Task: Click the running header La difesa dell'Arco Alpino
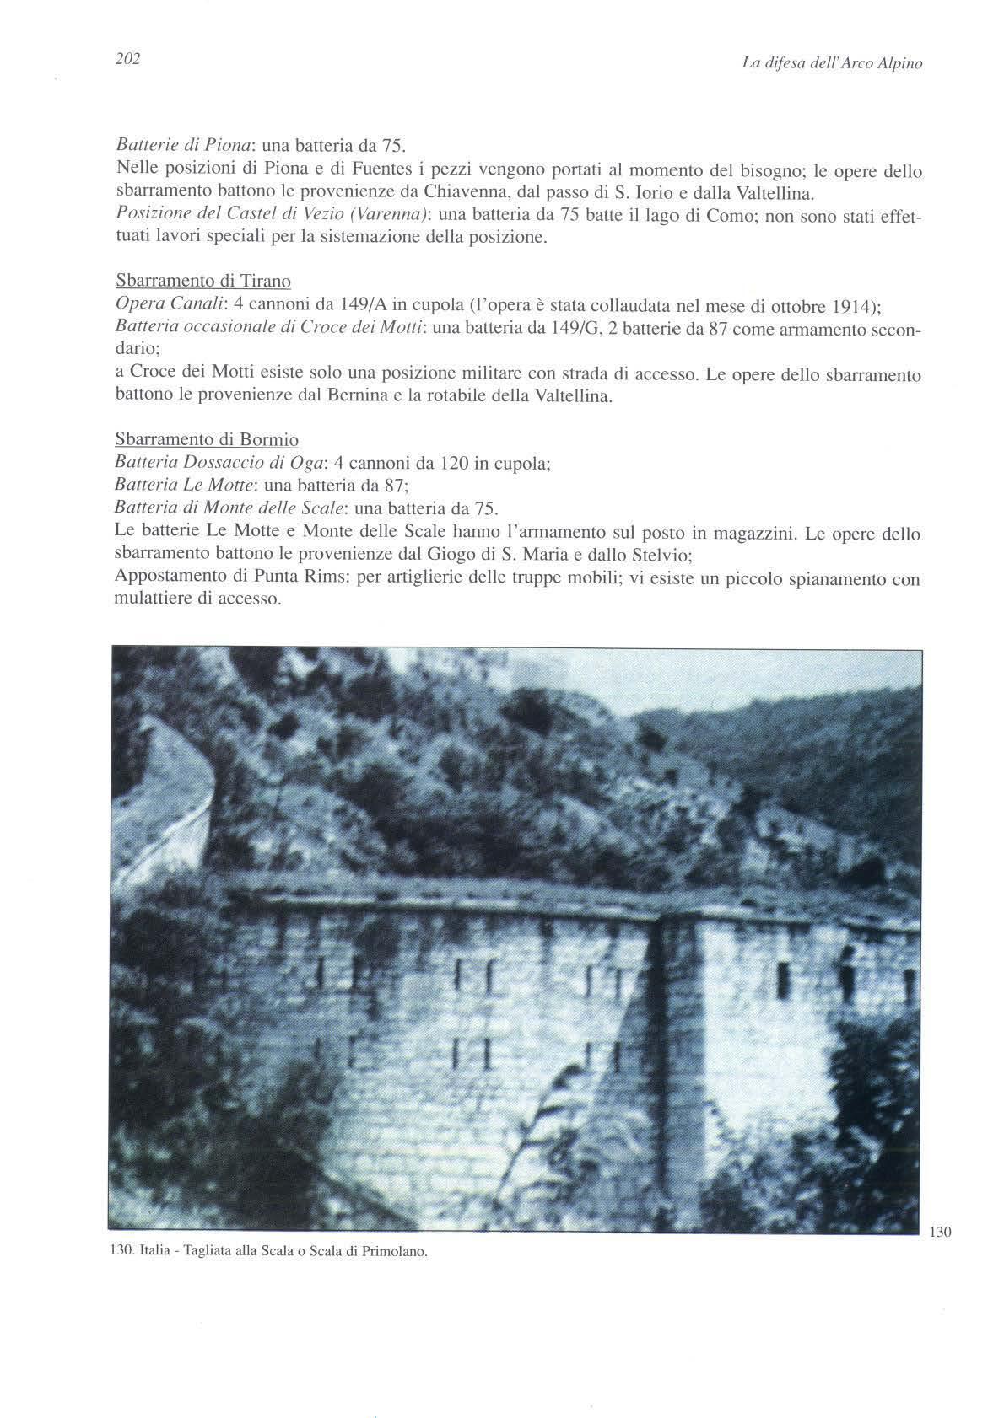(831, 62)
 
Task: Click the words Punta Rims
(308, 579)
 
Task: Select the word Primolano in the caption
(397, 1252)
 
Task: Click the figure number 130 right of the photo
(940, 1233)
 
